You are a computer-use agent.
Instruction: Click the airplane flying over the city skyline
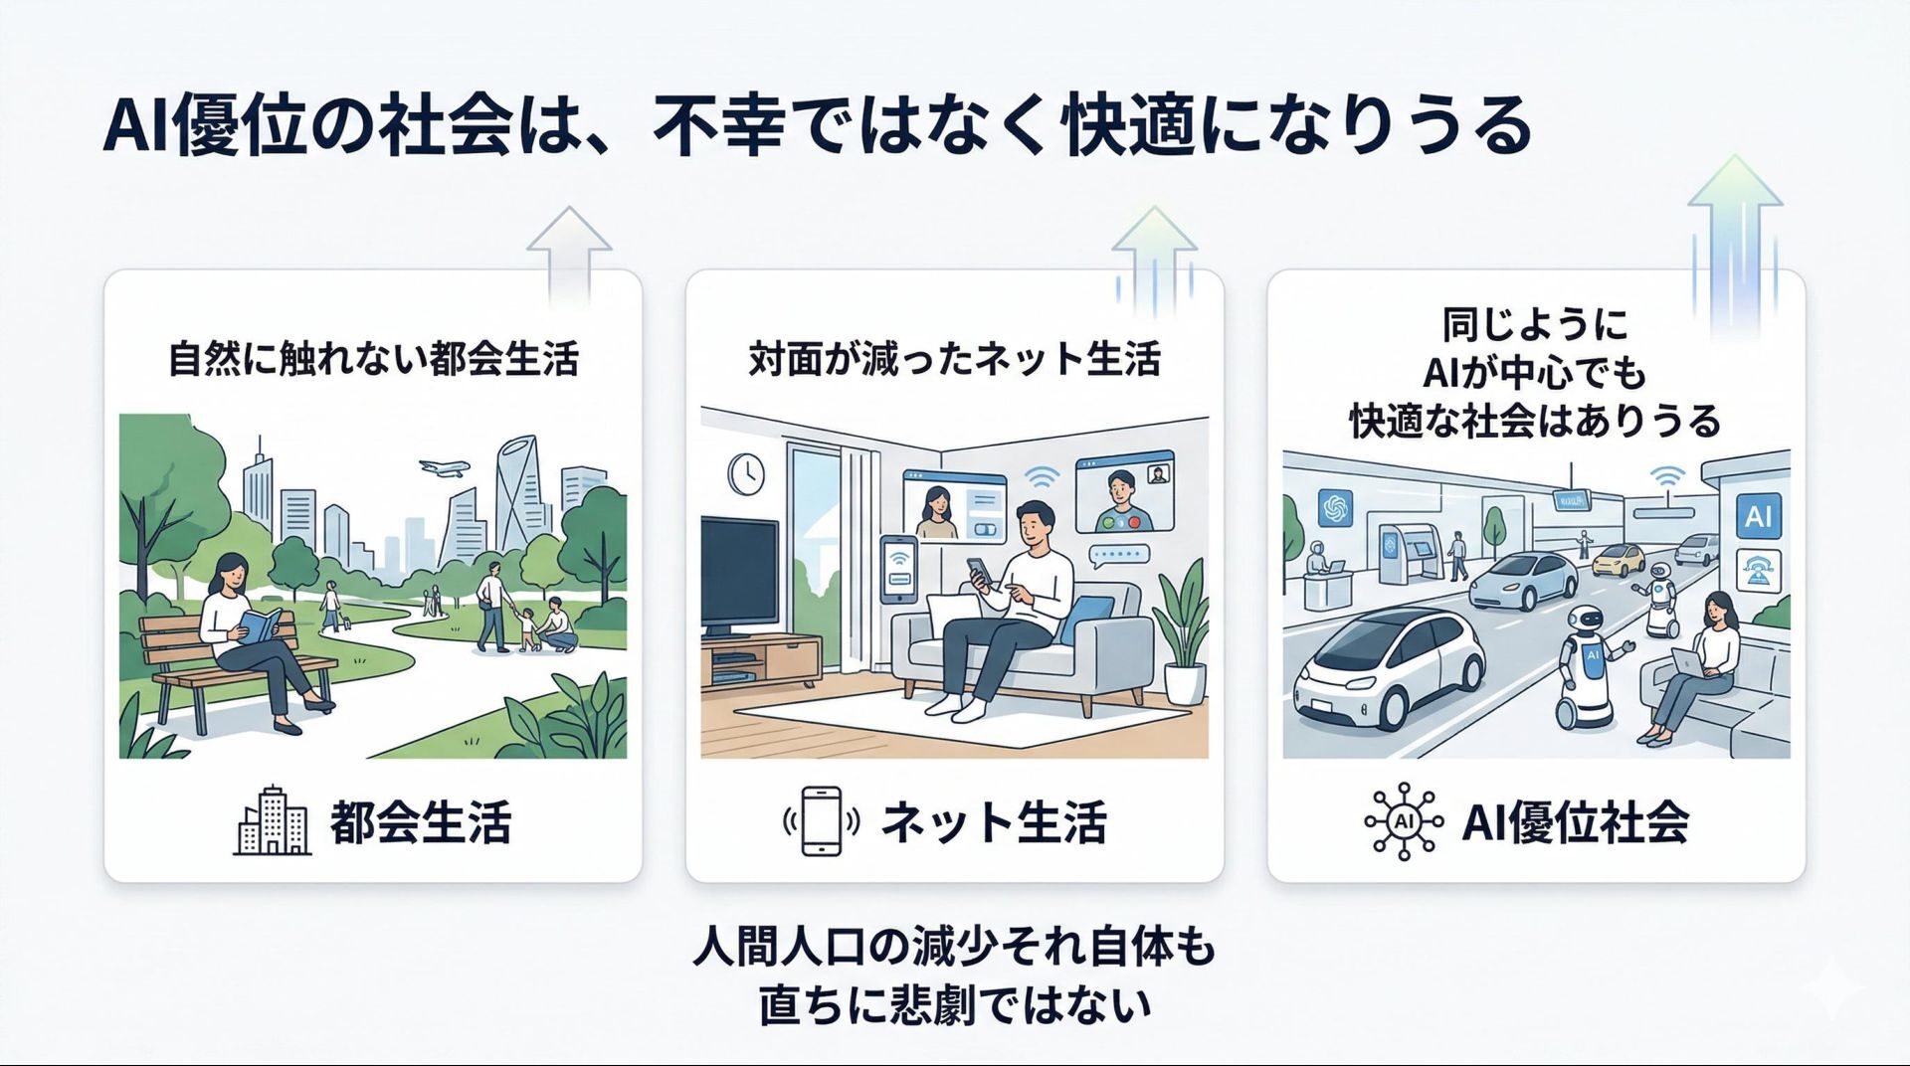[x=443, y=468]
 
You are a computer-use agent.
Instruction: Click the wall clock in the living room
[x=745, y=474]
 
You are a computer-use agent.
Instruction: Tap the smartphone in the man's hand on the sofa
[x=979, y=571]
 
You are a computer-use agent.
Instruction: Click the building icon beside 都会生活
[x=272, y=821]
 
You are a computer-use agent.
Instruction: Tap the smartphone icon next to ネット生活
[x=822, y=821]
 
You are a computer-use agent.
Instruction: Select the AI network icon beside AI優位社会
[x=1403, y=821]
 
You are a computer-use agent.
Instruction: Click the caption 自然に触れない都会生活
[x=373, y=359]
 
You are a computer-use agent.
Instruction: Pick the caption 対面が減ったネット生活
[x=954, y=359]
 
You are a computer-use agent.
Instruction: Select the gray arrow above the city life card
[x=569, y=254]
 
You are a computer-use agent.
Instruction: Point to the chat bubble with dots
[x=1119, y=555]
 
